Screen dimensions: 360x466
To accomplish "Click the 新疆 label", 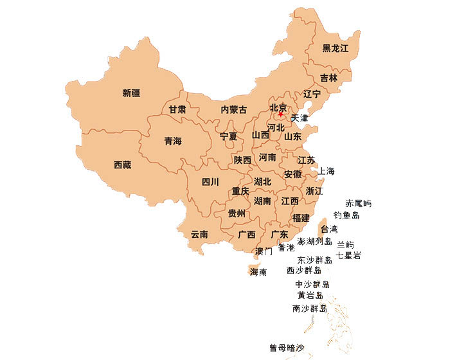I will pos(131,93).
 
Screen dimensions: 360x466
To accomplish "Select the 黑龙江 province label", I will pos(335,49).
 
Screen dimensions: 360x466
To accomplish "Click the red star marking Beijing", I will pos(280,114).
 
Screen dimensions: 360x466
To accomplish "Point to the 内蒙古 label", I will pos(233,110).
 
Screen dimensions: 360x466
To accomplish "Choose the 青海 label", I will pos(173,141).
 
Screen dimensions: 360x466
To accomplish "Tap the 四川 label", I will pos(210,182).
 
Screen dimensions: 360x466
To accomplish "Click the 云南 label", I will pos(199,235).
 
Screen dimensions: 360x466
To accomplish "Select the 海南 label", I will pos(258,273).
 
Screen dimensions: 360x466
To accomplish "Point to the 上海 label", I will pos(326,172).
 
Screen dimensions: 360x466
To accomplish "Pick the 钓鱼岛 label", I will pos(346,215).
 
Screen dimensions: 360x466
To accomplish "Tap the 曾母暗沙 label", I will pos(287,348).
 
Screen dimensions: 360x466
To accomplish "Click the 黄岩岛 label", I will pos(310,296).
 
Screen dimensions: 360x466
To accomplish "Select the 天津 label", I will pos(300,118).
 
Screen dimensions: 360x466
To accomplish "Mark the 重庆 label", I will pos(240,192).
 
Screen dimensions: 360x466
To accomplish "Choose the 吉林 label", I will pos(328,78).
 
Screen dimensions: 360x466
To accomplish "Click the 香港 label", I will pos(286,248).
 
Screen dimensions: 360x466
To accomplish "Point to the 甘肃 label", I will pos(177,110).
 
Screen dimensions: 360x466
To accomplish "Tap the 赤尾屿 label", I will pos(359,204).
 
